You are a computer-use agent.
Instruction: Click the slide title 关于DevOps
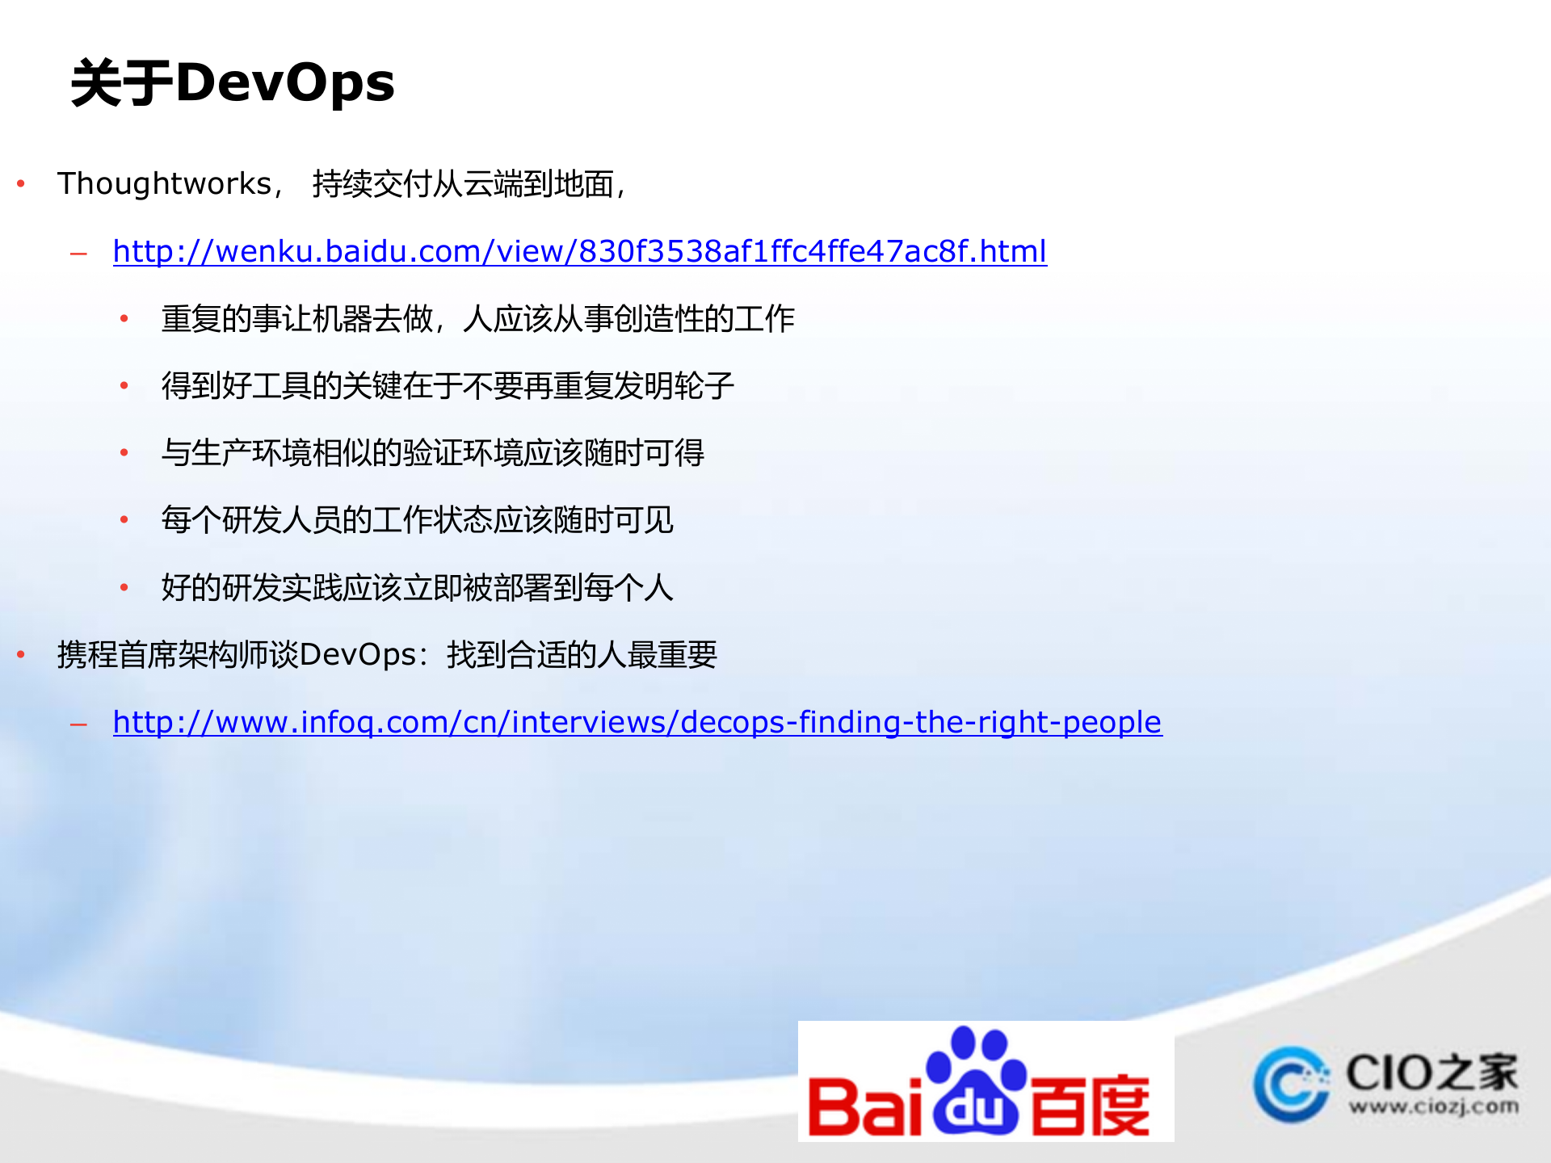coord(233,83)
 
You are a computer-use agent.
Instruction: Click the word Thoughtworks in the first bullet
coord(165,184)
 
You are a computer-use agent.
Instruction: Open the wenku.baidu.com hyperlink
coord(579,251)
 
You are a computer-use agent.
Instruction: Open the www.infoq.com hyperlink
coord(637,722)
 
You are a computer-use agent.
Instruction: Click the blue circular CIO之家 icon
coord(1291,1084)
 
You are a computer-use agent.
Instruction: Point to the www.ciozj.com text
coord(1433,1106)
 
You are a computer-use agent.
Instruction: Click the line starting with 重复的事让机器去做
coord(477,319)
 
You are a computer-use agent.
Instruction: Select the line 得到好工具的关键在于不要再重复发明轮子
coord(448,386)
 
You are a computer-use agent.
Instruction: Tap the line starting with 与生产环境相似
coord(433,453)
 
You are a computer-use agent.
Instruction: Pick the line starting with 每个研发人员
coord(418,520)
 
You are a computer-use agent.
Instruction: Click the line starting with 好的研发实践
coord(418,588)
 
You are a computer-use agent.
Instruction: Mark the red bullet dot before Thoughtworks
coord(22,184)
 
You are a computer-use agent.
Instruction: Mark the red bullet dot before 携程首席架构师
coord(22,655)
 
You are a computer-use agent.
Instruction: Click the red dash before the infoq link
coord(78,724)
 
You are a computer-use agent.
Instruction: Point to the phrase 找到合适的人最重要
coord(582,655)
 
